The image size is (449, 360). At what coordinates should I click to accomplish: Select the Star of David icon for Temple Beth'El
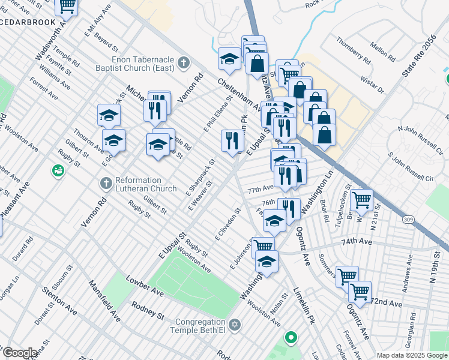[235, 324]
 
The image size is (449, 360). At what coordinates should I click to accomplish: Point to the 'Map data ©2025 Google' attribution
[412, 355]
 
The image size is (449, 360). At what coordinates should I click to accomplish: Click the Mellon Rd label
[382, 52]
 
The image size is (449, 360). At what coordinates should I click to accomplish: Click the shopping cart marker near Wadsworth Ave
[66, 6]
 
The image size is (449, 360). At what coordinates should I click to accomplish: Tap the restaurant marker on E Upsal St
[232, 141]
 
